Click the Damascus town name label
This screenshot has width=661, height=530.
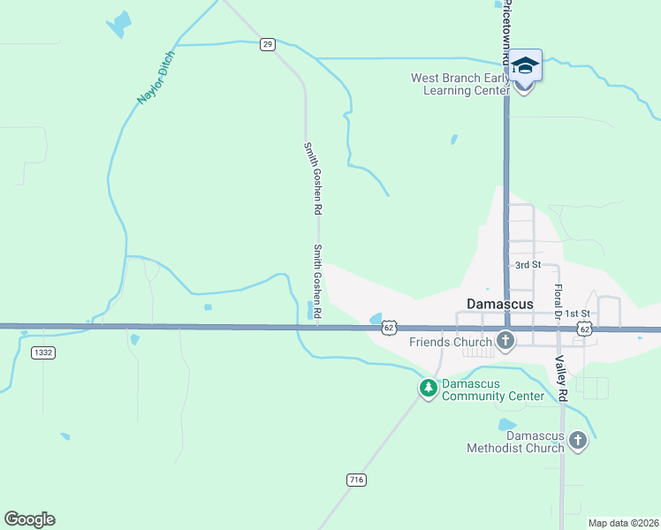(500, 304)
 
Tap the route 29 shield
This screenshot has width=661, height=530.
(268, 44)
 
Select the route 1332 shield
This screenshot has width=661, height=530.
(42, 352)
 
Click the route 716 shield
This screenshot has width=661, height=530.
(356, 480)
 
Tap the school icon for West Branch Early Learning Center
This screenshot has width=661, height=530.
(525, 67)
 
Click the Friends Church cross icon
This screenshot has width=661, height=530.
(505, 340)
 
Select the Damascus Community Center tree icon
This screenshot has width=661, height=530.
(429, 388)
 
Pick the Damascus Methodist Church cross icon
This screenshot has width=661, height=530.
(578, 439)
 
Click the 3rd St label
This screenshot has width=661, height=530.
(528, 265)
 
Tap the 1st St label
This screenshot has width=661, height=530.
(577, 314)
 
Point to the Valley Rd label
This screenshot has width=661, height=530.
(559, 379)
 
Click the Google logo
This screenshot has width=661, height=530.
(29, 519)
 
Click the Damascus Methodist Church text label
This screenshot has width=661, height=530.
(515, 442)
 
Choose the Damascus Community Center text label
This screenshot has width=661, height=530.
(492, 390)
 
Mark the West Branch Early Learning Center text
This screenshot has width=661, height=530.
(461, 84)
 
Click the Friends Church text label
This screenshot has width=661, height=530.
(450, 342)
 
